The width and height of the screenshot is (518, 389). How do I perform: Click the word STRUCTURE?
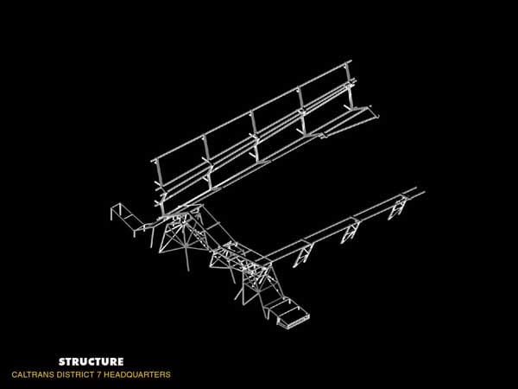pos(92,361)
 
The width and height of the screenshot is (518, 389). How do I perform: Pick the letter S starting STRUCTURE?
pos(62,361)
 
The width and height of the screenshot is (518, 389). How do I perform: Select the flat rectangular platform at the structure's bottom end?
pos(292,317)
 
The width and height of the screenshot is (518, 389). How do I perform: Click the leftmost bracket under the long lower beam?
pos(302,255)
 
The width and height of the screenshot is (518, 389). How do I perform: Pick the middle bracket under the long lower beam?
pos(351,232)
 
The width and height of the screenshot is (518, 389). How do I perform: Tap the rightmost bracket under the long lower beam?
pos(397,207)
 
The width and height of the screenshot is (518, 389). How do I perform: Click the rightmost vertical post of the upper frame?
pos(350,85)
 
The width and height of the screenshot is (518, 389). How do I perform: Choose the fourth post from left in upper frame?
pos(301,111)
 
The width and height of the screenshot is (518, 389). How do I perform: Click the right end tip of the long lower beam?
pos(424,191)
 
